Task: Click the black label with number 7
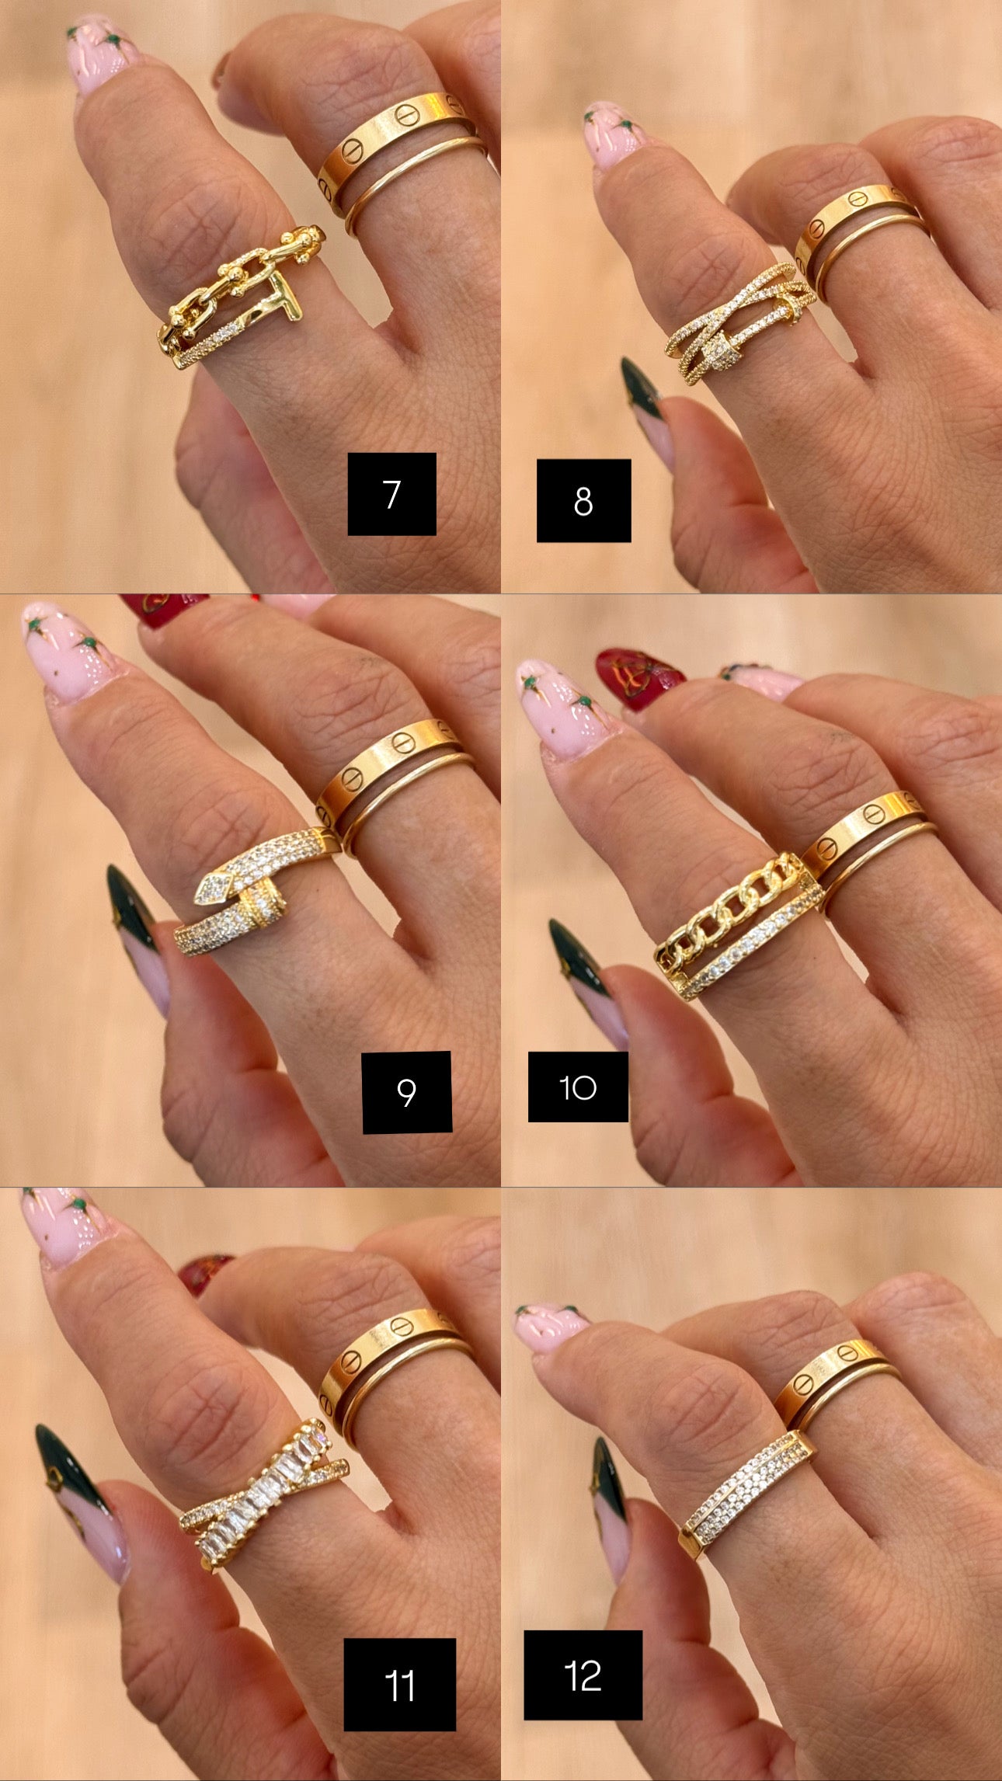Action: [391, 494]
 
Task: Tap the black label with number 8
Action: [583, 501]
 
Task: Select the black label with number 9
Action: [407, 1091]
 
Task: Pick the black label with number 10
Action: [578, 1087]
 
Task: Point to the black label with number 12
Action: [583, 1675]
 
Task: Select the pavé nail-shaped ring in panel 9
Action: [256, 893]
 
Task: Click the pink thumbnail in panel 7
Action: [101, 54]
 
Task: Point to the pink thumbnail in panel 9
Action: [66, 649]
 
